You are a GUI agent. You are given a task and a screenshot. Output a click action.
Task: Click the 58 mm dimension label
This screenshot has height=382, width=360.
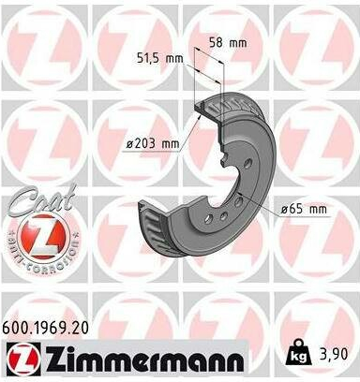coord(228,43)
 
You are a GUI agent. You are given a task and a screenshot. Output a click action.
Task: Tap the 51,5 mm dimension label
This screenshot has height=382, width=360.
coord(160,58)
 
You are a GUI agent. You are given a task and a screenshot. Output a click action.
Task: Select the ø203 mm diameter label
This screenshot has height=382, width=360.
coord(153,143)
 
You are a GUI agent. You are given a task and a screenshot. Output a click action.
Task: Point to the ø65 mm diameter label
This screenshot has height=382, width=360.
coord(304,209)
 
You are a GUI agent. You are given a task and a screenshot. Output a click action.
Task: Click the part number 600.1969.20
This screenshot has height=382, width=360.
coord(45,328)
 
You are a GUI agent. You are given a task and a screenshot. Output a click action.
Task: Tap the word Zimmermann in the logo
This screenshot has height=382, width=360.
coord(145,359)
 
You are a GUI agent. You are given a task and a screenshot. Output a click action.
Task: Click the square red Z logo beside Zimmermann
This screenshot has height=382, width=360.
coord(23,359)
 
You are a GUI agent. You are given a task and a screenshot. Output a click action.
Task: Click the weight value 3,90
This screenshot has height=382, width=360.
coord(333,355)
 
